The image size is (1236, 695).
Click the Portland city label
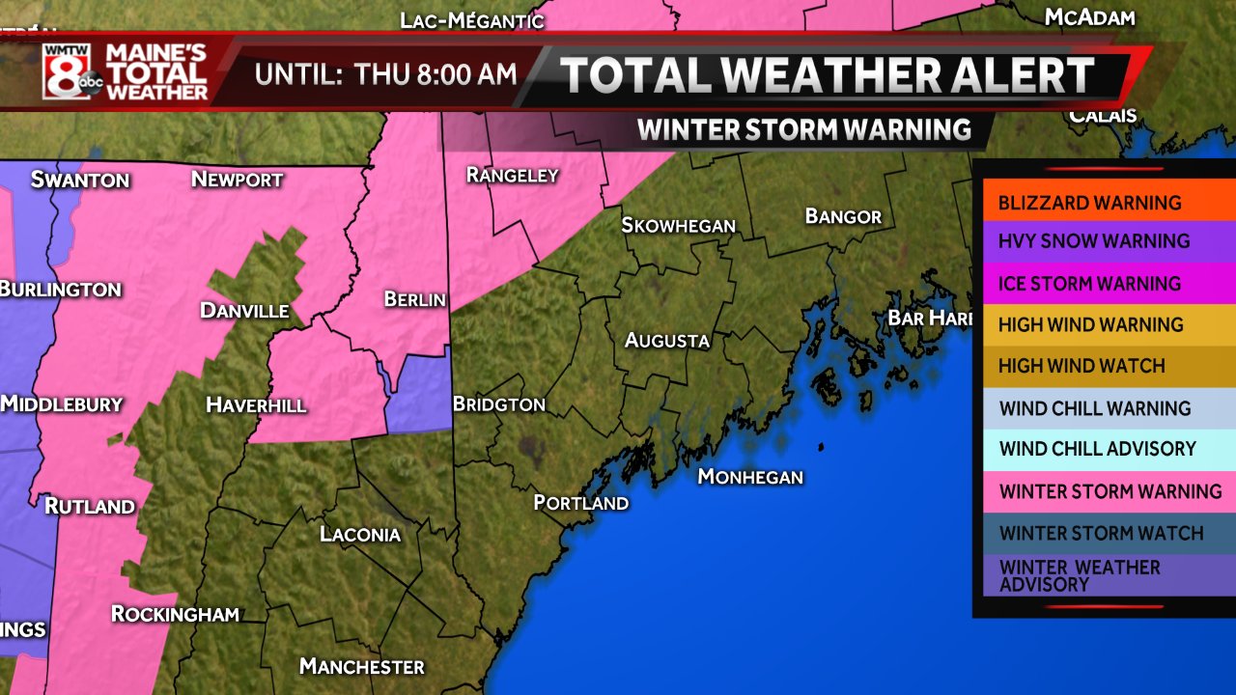tap(581, 503)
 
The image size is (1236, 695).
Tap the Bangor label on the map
tap(843, 216)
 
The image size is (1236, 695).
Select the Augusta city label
tap(666, 340)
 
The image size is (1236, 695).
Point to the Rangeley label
tap(512, 175)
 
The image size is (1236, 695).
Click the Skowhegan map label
tap(678, 225)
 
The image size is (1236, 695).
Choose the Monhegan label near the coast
tap(750, 477)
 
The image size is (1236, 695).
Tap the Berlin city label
tap(414, 299)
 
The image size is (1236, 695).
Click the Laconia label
tap(360, 534)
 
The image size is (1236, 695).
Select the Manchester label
tap(361, 666)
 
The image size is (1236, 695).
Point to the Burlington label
tap(60, 289)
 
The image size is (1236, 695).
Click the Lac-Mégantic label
tap(472, 19)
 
